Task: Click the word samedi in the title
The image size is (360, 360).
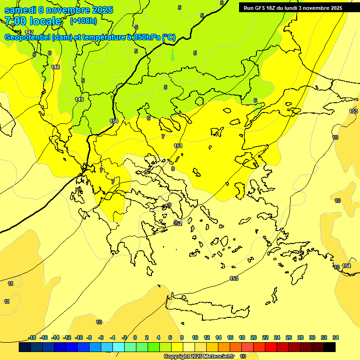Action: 22,10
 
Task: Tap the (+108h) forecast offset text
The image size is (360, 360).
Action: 83,21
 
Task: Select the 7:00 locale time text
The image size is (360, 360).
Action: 33,21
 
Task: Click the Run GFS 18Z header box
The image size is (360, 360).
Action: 293,7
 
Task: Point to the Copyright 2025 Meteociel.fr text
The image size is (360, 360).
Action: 199,356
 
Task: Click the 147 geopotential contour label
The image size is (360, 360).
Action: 29,45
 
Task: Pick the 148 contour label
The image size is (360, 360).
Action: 55,67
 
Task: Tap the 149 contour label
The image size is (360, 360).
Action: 79,99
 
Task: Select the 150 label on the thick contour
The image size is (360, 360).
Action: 114,121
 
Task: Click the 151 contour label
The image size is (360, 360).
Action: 178,146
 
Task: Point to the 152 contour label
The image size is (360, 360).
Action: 178,224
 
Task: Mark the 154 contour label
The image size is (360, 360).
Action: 346,266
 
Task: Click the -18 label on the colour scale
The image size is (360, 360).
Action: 32,337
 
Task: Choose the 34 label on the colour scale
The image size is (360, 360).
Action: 336,337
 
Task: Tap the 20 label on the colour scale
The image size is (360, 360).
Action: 254,337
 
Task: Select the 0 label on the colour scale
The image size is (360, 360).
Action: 135,337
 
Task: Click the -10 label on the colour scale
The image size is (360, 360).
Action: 79,337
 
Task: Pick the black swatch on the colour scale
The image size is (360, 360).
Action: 330,347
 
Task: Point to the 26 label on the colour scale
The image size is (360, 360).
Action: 289,337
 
